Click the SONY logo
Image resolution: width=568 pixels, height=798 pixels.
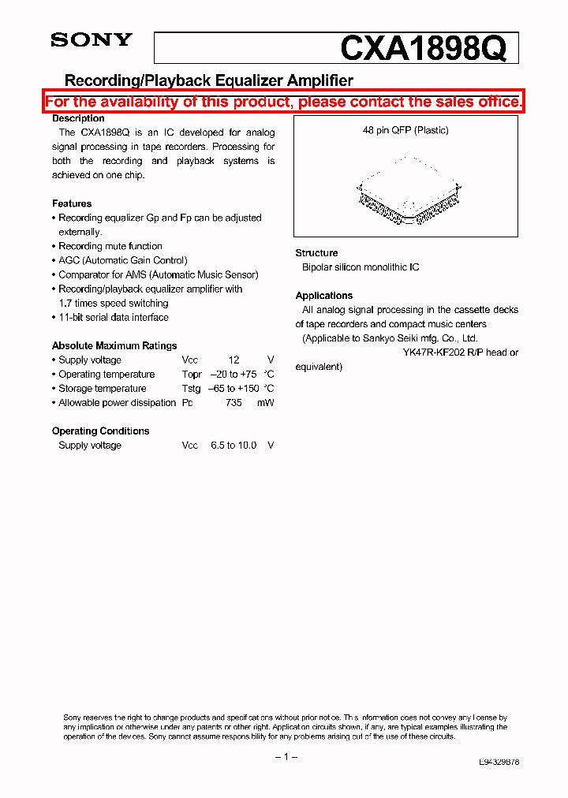(92, 40)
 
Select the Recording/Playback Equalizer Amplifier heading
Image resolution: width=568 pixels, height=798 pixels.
(208, 80)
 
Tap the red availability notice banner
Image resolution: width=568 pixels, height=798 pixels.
(284, 103)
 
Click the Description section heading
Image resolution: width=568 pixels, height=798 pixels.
(78, 118)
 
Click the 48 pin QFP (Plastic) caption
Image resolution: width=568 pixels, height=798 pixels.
(405, 130)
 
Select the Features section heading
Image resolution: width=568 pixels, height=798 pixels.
(72, 203)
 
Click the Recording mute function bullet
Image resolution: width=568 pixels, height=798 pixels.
(110, 246)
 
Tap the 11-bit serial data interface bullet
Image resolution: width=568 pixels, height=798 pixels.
(114, 317)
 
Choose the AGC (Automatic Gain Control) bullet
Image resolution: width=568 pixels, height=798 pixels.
(123, 260)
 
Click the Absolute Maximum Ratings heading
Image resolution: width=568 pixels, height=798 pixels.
(114, 345)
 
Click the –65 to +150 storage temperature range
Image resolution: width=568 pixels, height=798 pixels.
(234, 388)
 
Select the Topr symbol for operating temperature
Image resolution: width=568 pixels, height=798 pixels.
(192, 374)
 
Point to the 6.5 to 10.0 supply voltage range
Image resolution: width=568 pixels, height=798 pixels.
(234, 445)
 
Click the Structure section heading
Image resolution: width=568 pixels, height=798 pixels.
(316, 253)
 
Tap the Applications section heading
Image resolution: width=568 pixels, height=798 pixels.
(323, 296)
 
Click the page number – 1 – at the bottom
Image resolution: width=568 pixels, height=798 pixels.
(285, 757)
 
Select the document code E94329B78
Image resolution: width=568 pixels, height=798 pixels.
(499, 763)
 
